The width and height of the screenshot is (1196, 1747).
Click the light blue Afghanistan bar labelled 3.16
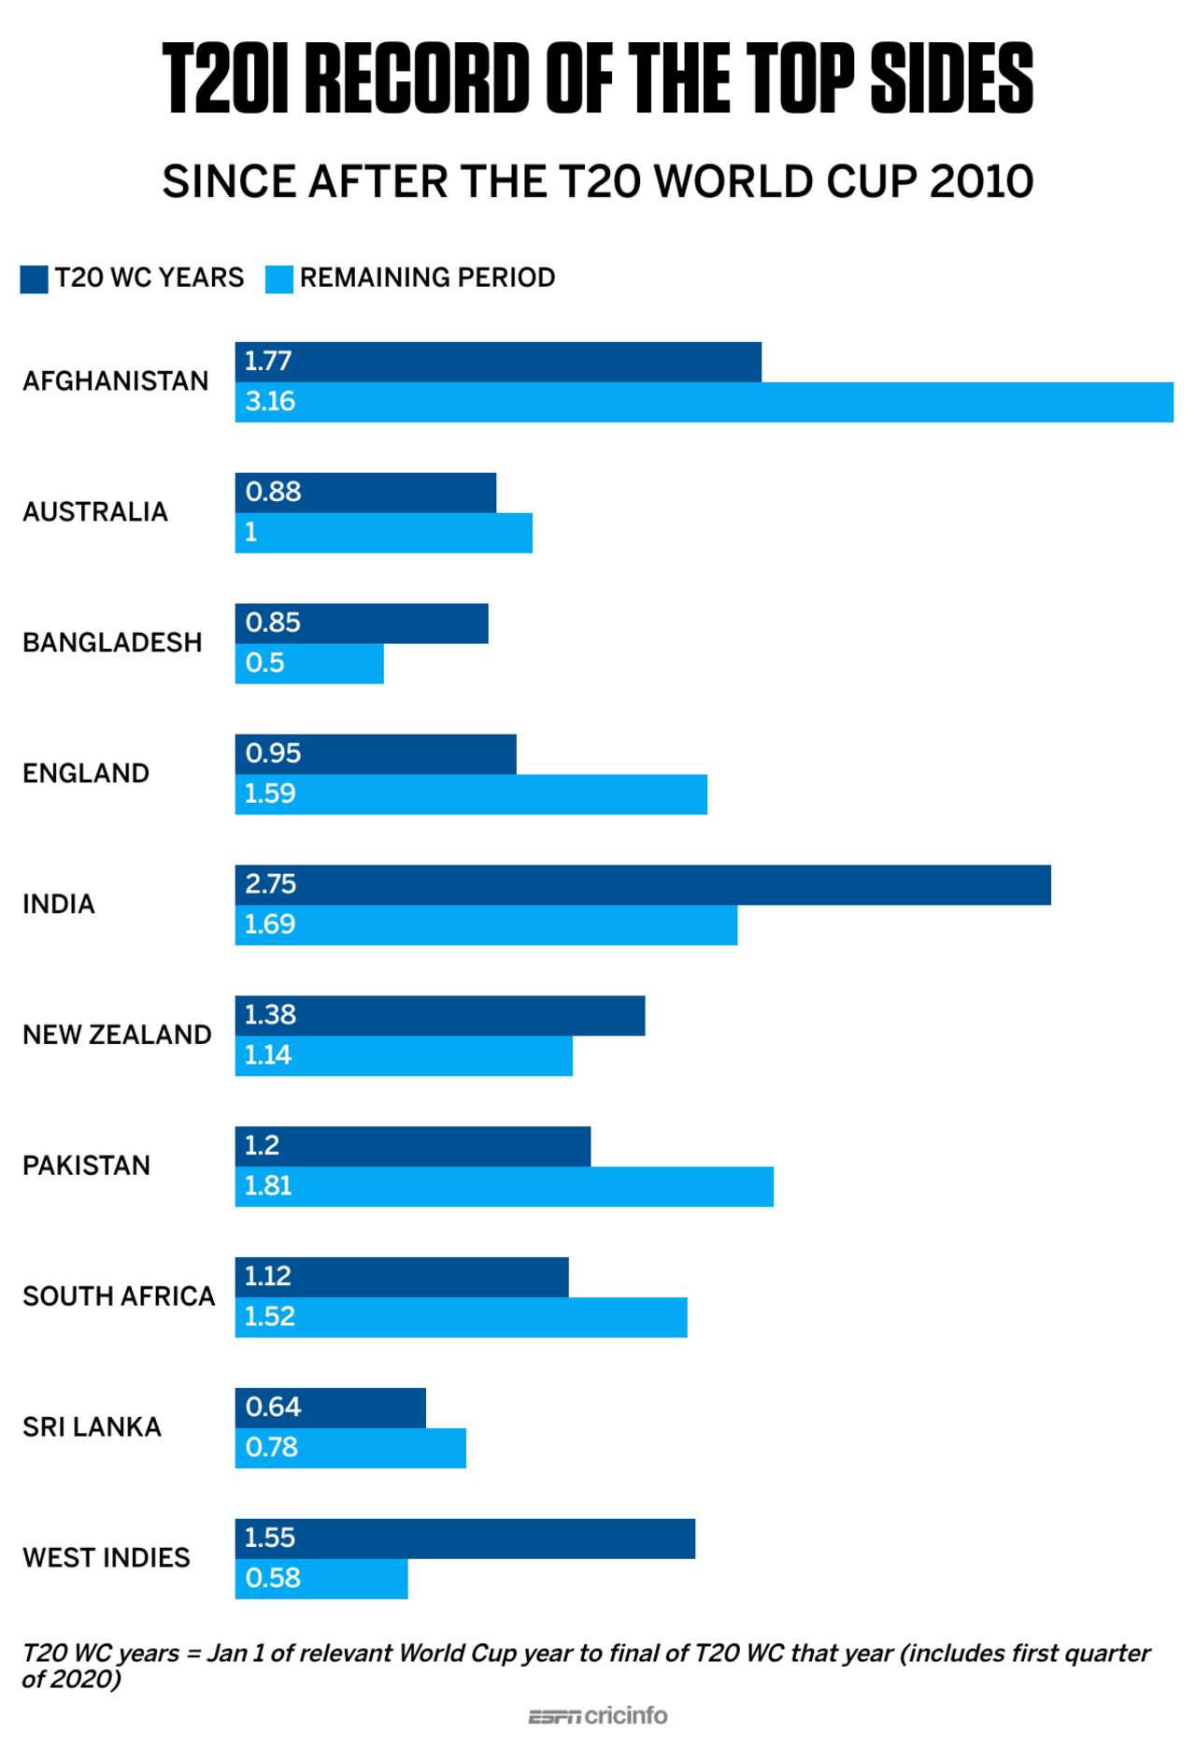coord(704,402)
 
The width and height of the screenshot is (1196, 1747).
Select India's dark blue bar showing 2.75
coord(643,884)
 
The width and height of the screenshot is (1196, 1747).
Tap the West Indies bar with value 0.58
coord(321,1578)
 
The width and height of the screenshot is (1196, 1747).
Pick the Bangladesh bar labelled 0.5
coord(309,664)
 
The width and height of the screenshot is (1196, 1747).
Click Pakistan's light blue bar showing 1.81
coord(504,1186)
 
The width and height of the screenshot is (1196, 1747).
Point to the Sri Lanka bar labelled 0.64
coord(330,1407)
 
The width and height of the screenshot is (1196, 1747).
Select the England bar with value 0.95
coord(375,753)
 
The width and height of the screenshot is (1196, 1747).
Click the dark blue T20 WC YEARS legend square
coord(34,279)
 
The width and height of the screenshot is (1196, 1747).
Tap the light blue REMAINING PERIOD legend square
coord(278,279)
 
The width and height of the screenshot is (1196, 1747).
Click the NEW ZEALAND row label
coord(117,1035)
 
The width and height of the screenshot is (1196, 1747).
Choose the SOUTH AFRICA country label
coord(119,1296)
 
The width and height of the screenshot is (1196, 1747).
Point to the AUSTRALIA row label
coord(95,512)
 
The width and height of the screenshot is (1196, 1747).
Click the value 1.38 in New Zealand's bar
coord(270,1015)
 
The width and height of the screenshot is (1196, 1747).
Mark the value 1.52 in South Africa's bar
coord(270,1317)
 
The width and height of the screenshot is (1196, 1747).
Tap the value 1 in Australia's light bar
coord(250,533)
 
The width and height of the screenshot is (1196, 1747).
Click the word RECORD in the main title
coord(418,79)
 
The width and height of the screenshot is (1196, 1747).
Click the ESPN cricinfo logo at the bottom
coord(598,1716)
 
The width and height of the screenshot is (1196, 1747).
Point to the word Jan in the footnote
coord(226,1653)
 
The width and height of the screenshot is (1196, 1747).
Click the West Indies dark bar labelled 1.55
coord(464,1538)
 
